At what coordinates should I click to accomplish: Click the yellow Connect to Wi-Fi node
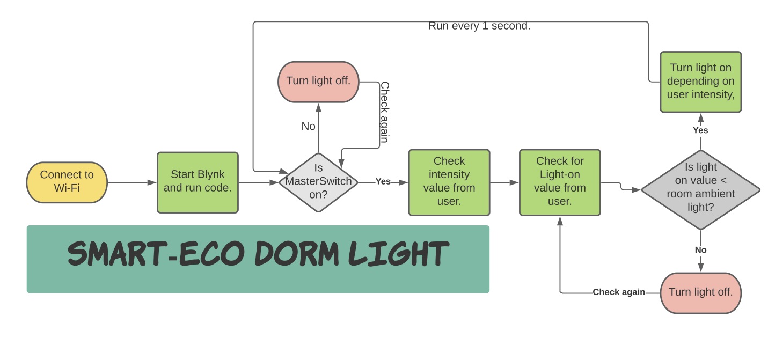67,182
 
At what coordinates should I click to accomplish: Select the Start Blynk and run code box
198,182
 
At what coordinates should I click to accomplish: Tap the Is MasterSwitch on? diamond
318,182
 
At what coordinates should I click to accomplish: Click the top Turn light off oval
318,82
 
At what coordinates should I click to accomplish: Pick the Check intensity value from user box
449,182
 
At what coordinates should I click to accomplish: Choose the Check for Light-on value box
560,182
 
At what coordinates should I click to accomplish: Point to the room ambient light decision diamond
701,189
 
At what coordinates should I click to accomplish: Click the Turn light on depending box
701,82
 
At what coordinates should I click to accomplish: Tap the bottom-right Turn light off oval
701,293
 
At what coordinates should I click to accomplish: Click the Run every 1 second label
479,26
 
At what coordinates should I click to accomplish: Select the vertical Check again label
385,112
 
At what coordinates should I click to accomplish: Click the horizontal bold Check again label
619,292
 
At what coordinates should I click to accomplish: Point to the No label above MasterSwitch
308,126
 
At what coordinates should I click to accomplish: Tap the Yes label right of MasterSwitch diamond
383,181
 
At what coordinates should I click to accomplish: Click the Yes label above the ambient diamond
700,130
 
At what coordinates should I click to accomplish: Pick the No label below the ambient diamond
700,250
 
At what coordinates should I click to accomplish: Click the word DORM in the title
297,254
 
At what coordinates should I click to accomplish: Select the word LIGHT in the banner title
399,254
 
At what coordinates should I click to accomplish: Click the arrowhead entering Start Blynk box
152,182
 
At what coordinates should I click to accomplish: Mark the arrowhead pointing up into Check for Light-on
560,221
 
